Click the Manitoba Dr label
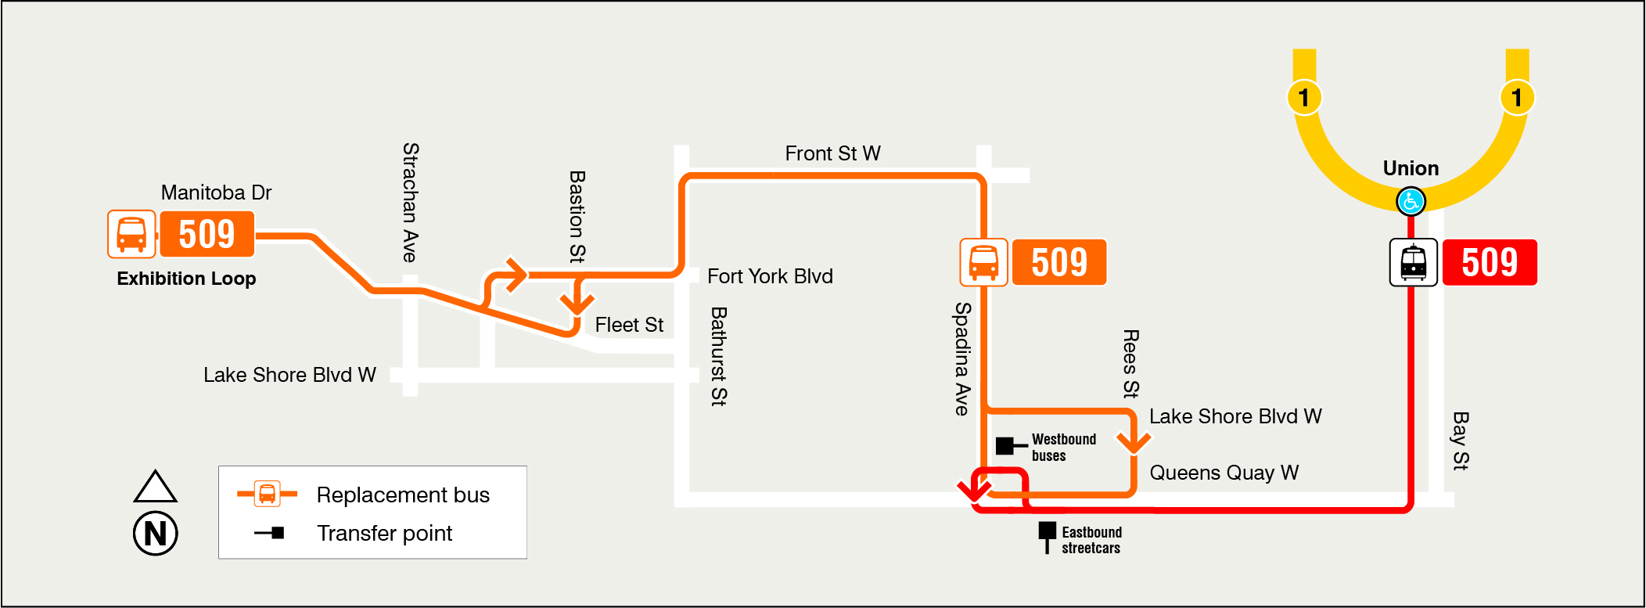216,192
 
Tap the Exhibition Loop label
186,279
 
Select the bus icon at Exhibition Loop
131,234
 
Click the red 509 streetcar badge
1490,262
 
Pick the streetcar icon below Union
1413,262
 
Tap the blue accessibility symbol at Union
1411,202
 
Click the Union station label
1411,168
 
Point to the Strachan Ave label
410,202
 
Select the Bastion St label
577,217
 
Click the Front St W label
832,153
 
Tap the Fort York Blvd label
770,276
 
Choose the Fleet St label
629,325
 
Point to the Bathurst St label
718,356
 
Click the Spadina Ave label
962,358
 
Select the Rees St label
1130,364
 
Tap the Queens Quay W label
1224,473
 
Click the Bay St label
1460,441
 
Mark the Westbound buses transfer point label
1063,448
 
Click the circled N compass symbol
156,534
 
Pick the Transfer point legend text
384,534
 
